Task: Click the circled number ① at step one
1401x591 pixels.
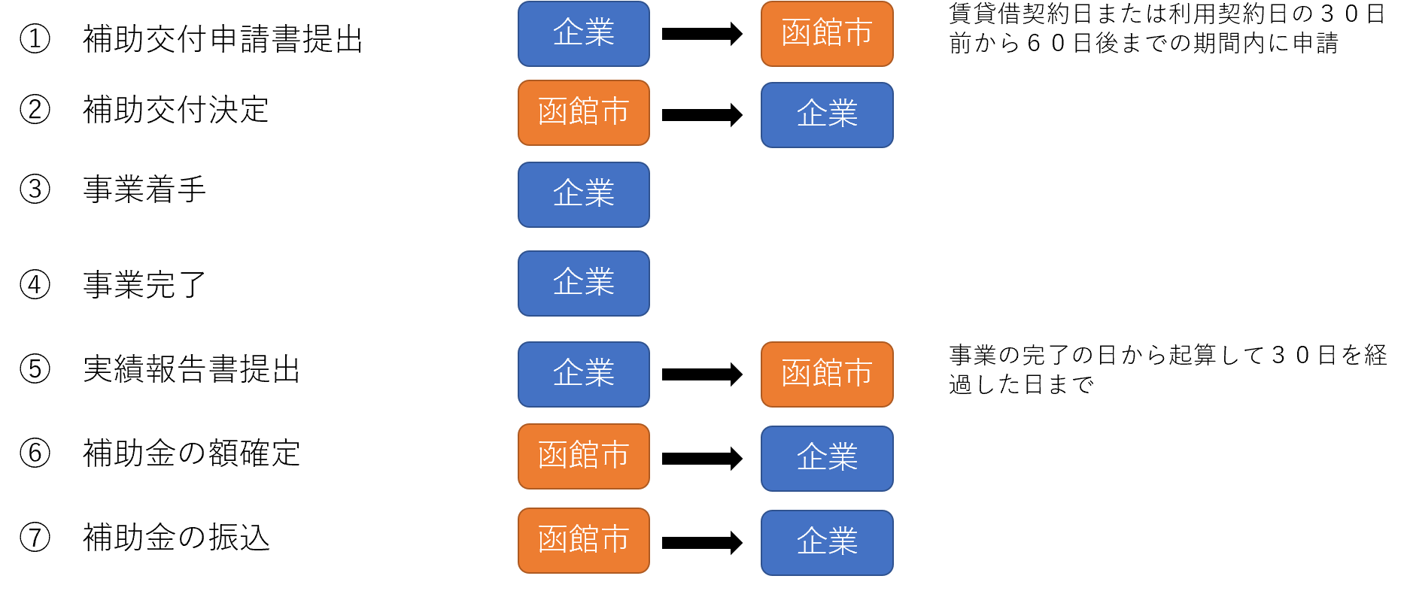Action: [35, 38]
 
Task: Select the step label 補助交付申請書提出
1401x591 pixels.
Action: [223, 39]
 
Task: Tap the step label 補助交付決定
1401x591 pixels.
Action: [175, 110]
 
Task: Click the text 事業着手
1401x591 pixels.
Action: [144, 189]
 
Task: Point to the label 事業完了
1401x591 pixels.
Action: [144, 285]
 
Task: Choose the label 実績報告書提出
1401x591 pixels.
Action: [191, 369]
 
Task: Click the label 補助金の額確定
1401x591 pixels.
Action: [191, 453]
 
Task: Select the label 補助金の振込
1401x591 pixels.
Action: [175, 538]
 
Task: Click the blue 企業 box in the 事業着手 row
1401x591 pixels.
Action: [583, 195]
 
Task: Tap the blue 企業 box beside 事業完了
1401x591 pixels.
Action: [583, 283]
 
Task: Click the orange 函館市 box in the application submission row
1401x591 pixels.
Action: [826, 34]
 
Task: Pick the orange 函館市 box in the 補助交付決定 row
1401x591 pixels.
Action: [583, 113]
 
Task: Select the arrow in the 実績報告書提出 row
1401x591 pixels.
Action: [701, 374]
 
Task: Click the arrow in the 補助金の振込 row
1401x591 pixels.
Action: [701, 542]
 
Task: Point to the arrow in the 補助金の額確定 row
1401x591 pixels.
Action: [701, 458]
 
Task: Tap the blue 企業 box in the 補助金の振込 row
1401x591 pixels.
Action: [826, 542]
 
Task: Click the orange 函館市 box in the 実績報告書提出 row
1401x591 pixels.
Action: [826, 374]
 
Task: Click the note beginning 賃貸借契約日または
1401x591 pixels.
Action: [1165, 29]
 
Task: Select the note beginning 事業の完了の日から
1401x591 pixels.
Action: [1167, 369]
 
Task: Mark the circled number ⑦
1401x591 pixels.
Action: [35, 538]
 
